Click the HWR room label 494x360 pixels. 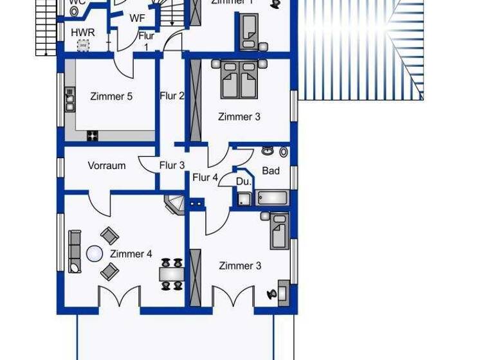pyautogui.click(x=82, y=32)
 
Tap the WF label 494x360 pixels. pyautogui.click(x=137, y=19)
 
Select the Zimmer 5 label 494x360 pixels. pyautogui.click(x=111, y=96)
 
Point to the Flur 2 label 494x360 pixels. pyautogui.click(x=172, y=96)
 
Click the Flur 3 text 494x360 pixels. pyautogui.click(x=172, y=165)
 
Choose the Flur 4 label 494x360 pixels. pyautogui.click(x=205, y=177)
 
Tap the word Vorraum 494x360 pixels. pyautogui.click(x=107, y=165)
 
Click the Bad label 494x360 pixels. pyautogui.click(x=271, y=170)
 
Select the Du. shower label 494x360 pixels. pyautogui.click(x=243, y=182)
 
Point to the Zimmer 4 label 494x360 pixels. pyautogui.click(x=131, y=254)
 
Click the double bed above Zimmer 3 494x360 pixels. pyautogui.click(x=239, y=80)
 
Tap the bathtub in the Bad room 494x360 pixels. pyautogui.click(x=273, y=197)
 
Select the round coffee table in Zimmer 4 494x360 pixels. pyautogui.click(x=95, y=254)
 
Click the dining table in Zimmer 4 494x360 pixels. pyautogui.click(x=172, y=274)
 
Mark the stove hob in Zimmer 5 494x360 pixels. pyautogui.click(x=93, y=135)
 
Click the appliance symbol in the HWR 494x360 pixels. pyautogui.click(x=83, y=45)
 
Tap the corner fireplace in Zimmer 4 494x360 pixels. pyautogui.click(x=174, y=205)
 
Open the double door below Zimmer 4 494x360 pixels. pyautogui.click(x=119, y=298)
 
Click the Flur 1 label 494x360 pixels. pyautogui.click(x=146, y=41)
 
